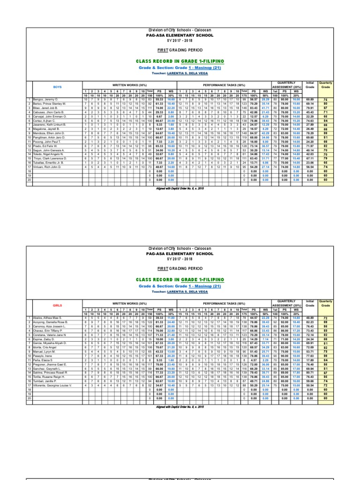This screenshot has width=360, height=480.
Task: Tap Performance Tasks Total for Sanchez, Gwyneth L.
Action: tap(244, 381)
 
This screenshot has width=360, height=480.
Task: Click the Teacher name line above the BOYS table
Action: tap(180, 74)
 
